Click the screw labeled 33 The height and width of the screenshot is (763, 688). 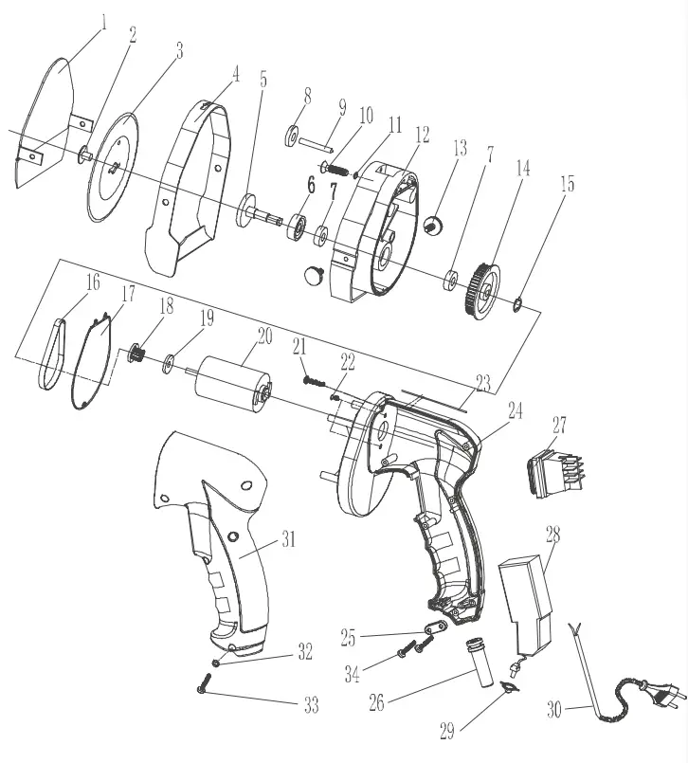coord(206,684)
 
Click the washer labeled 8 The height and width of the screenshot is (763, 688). coord(290,132)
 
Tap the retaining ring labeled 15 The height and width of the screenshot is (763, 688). coord(518,304)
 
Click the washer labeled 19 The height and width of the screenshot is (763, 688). coord(171,360)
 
